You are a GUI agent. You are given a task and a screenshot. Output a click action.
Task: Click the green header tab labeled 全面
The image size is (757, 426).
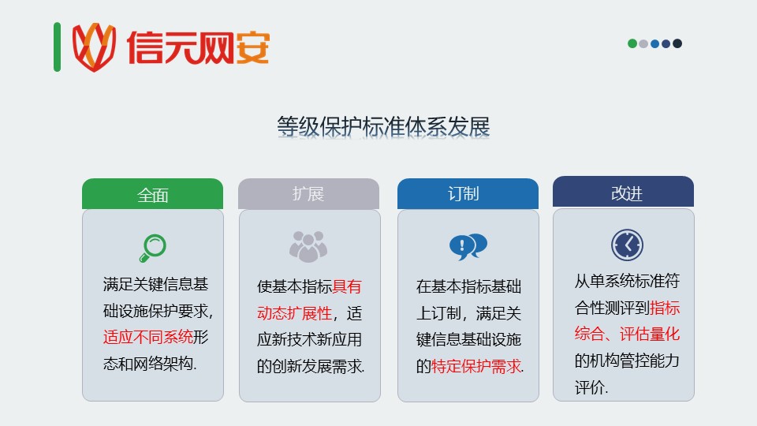pos(152,194)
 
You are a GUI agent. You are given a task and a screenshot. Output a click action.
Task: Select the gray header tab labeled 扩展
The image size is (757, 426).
pos(308,194)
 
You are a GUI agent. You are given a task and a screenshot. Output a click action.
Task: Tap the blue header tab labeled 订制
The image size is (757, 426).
pos(468,194)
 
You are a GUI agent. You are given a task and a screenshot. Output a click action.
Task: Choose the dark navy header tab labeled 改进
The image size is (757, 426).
pos(623,192)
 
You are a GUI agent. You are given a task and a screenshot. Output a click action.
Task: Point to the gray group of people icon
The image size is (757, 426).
pos(308,247)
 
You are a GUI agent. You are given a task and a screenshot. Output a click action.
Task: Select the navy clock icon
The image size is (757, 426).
pos(627,245)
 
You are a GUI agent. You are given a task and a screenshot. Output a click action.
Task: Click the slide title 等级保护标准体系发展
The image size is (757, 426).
pos(383,126)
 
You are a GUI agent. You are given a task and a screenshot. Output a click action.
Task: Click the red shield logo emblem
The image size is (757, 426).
pos(94,47)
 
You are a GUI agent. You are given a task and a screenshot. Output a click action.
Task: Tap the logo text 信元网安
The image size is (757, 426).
pos(198,47)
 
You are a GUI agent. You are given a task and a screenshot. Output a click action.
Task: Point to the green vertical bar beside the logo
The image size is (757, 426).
pos(57,47)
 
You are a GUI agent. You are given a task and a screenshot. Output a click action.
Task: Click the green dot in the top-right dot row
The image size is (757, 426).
pos(632,43)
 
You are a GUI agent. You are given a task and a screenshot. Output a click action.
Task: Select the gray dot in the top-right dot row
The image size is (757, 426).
pos(643,43)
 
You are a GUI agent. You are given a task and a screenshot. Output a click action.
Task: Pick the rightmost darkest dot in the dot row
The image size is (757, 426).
pos(677,43)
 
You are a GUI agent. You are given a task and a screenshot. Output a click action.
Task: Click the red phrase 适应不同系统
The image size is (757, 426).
pos(147,337)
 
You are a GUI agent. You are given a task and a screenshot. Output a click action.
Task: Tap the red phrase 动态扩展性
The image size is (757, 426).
pos(294,313)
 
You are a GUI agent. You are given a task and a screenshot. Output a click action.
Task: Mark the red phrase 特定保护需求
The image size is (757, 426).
pos(476,366)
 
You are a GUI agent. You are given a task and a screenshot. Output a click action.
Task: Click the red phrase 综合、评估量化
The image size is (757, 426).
pos(627,334)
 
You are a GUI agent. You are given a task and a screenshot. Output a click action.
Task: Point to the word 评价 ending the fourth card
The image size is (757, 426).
pos(590,387)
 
